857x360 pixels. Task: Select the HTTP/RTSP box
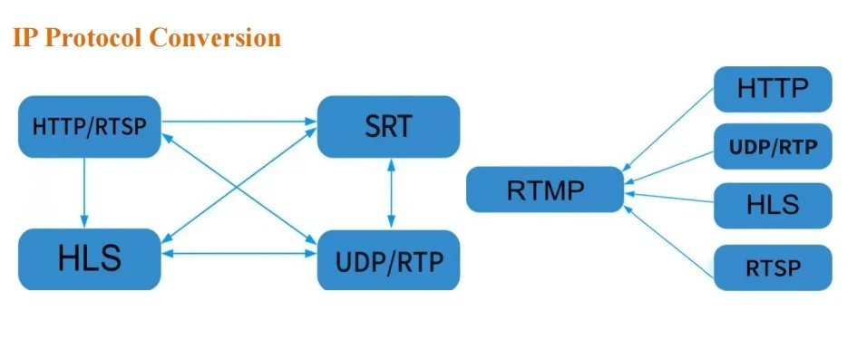coord(88,126)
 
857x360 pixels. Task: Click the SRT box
coord(388,126)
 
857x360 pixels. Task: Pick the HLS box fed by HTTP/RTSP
coord(88,258)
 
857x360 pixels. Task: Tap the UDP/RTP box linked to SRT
coord(388,260)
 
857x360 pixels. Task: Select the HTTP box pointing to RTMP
coord(772,89)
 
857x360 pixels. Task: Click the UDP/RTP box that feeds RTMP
coord(772,147)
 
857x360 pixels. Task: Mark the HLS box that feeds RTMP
coord(772,205)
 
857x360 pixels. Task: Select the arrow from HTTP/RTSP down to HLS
coord(83,191)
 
